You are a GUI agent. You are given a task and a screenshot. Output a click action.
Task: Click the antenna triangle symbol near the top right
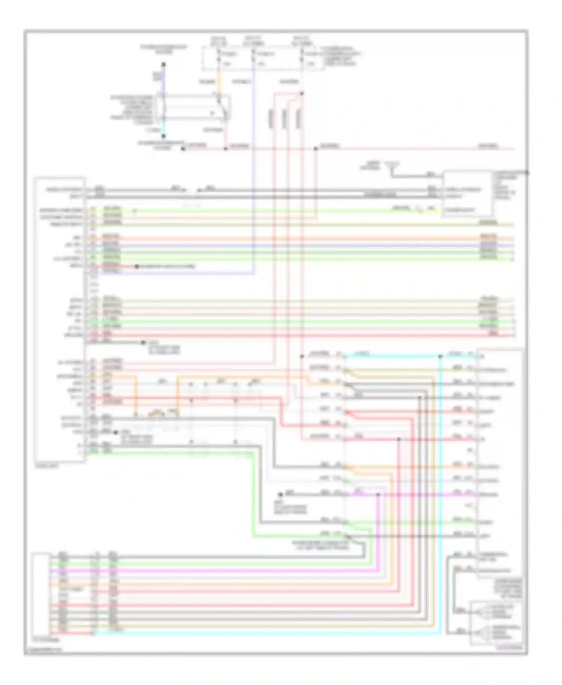(392, 165)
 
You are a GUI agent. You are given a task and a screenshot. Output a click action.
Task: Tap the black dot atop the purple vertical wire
(163, 64)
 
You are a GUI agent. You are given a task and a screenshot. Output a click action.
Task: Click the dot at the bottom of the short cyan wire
(163, 136)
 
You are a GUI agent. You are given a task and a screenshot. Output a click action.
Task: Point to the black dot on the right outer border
(527, 173)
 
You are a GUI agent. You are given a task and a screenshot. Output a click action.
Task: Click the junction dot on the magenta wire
(378, 495)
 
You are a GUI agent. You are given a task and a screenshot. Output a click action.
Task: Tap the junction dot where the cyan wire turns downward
(441, 356)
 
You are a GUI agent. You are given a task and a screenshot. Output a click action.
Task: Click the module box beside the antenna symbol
(468, 194)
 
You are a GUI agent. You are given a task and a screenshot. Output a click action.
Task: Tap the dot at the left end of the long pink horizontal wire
(183, 149)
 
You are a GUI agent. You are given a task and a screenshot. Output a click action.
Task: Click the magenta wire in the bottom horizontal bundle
(225, 571)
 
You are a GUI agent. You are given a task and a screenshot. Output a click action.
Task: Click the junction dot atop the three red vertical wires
(302, 94)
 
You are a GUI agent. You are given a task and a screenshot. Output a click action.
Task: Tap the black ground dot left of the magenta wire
(280, 495)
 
